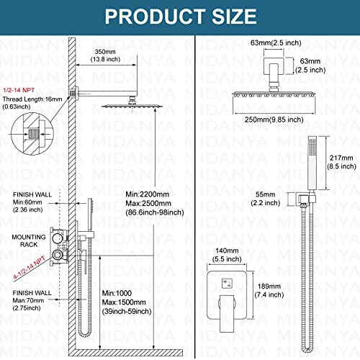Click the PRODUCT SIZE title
[180, 15]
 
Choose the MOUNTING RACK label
[27, 240]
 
